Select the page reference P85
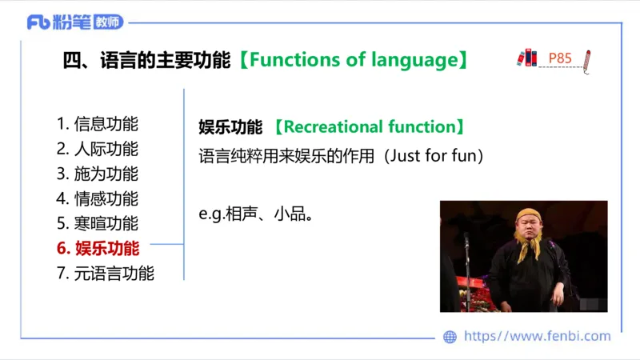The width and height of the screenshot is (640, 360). pos(560,58)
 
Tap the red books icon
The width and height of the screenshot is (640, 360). pos(526,58)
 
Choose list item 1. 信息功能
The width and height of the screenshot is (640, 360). pos(98,124)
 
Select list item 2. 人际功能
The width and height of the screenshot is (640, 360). pos(98,149)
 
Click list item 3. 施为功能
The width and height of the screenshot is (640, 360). pos(98,174)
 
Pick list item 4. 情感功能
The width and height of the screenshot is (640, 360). pos(98,198)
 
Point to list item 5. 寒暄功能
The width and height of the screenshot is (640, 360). pos(98,223)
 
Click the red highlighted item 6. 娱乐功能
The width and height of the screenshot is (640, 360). pos(98,248)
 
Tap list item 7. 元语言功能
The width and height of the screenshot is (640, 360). pos(106,273)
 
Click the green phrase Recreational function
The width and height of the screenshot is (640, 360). pos(369,127)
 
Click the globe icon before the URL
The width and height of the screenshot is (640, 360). pos(450,337)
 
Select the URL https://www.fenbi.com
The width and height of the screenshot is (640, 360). pos(537,337)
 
